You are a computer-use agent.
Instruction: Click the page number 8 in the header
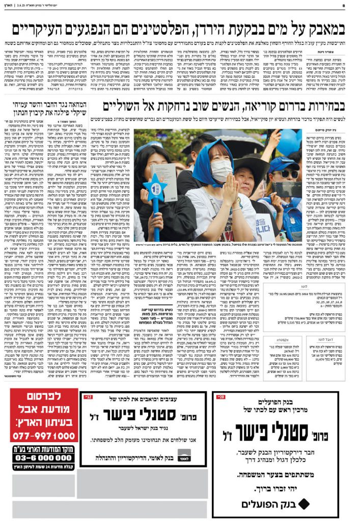(352, 7)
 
